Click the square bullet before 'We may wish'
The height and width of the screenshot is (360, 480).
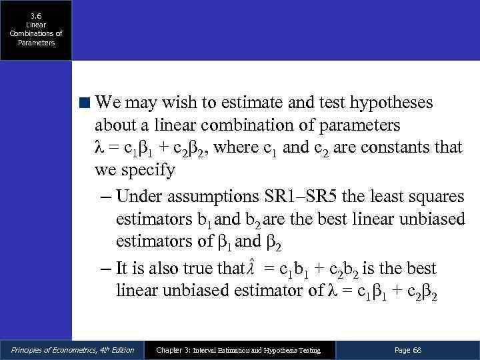click(x=85, y=103)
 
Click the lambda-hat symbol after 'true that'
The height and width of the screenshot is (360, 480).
click(x=251, y=269)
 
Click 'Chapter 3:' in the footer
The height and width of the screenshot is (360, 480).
click(x=173, y=350)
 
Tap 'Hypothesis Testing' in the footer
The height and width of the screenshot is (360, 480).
click(x=288, y=350)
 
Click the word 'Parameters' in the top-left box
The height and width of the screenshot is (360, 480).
click(x=36, y=43)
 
